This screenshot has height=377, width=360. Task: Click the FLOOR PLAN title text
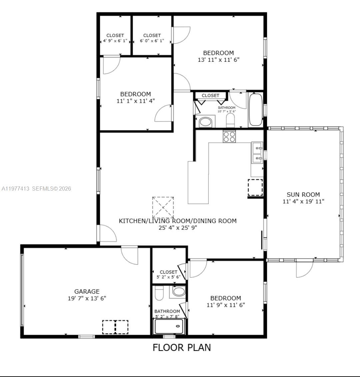182,347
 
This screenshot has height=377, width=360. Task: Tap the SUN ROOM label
303,195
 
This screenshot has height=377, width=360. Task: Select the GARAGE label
87,291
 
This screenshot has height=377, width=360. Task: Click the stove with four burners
229,136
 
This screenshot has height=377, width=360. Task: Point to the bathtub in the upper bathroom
256,109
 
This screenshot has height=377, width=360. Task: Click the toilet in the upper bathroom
230,120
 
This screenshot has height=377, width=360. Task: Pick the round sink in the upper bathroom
206,122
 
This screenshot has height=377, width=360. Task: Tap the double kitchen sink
257,152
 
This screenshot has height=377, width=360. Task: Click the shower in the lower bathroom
169,326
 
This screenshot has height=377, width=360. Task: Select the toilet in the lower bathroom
159,293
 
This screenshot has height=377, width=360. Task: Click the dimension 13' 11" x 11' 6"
218,60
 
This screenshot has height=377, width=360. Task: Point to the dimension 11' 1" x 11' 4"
135,101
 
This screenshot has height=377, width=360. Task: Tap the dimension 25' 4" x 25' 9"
178,228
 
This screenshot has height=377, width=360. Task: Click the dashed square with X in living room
163,207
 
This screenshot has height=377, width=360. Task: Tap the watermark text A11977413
15,189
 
